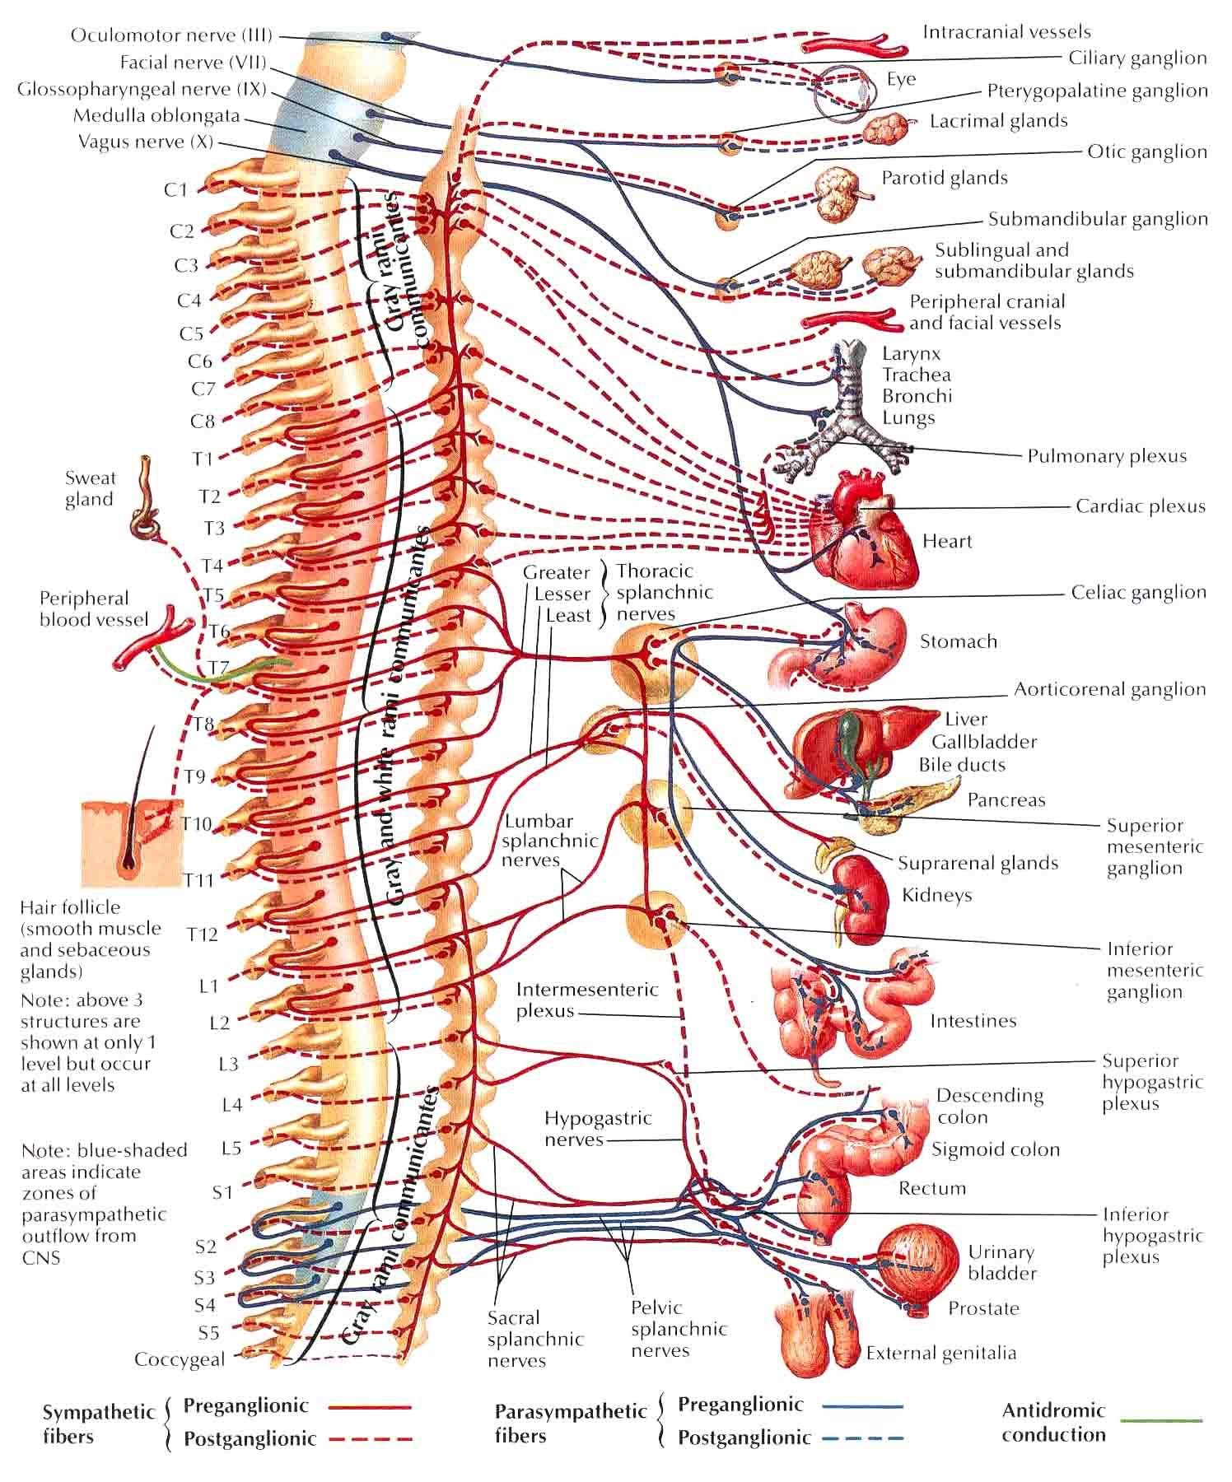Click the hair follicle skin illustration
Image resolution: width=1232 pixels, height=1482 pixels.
pos(132,844)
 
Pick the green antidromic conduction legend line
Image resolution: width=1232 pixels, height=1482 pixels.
pos(1161,1419)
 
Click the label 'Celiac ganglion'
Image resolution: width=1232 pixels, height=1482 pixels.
pos(1138,592)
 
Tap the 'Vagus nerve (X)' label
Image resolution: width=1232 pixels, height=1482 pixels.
pos(146,142)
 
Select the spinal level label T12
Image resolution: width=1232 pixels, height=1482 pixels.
pos(202,934)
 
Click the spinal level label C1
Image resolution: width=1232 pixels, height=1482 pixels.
pos(176,190)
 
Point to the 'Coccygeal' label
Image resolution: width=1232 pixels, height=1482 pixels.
pos(180,1359)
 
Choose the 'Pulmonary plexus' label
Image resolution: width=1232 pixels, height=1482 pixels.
pos(1107,455)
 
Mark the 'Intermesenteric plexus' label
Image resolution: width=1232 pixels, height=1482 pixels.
pos(586,1000)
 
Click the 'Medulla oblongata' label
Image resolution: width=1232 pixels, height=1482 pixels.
pos(156,115)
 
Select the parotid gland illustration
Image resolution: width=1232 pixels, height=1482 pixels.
pos(840,194)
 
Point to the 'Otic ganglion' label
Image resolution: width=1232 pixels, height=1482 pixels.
pos(1146,151)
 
